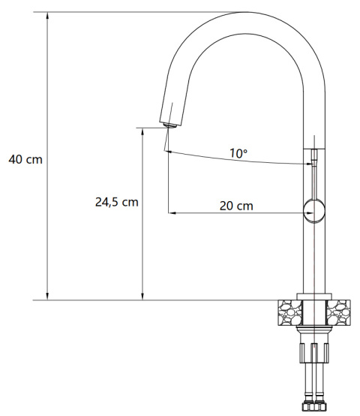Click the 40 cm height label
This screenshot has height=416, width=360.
point(25,159)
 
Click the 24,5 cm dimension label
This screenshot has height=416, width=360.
point(117,202)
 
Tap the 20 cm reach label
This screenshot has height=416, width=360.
point(236,206)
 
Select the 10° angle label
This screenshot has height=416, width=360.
point(238,153)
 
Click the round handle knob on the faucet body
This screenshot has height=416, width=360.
point(314,211)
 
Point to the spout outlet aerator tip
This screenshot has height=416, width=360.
point(169,125)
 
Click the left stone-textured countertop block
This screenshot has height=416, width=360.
point(290,312)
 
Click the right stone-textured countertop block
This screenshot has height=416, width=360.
point(338,312)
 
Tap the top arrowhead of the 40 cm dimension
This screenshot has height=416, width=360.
point(47,15)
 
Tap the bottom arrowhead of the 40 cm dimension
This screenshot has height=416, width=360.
point(47,297)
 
